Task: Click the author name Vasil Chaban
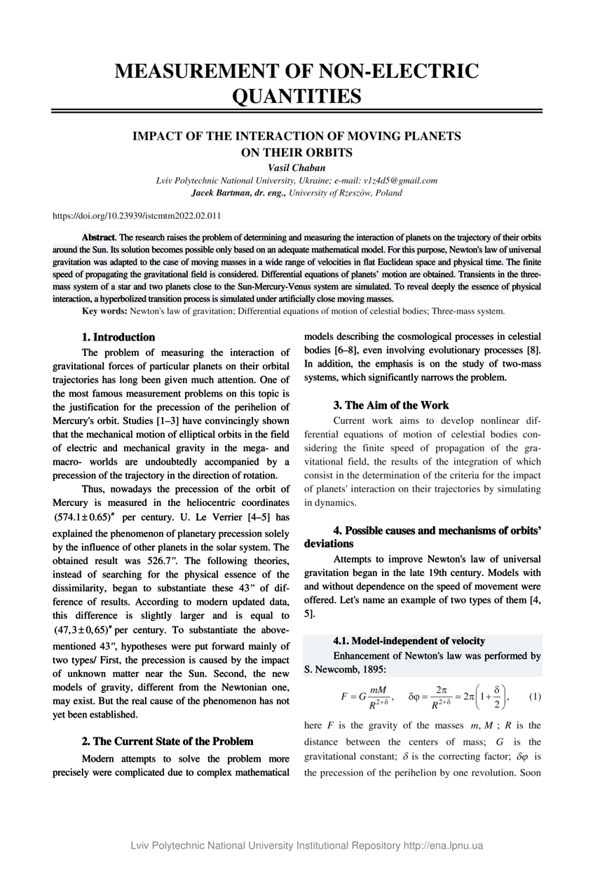coord(296,167)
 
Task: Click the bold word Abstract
coord(99,238)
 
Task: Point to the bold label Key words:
coord(105,310)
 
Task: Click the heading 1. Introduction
coord(118,337)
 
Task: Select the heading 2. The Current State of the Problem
coord(168,741)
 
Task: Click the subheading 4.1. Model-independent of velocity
coord(409,641)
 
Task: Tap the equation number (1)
coord(535,697)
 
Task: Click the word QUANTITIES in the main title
coord(296,95)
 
